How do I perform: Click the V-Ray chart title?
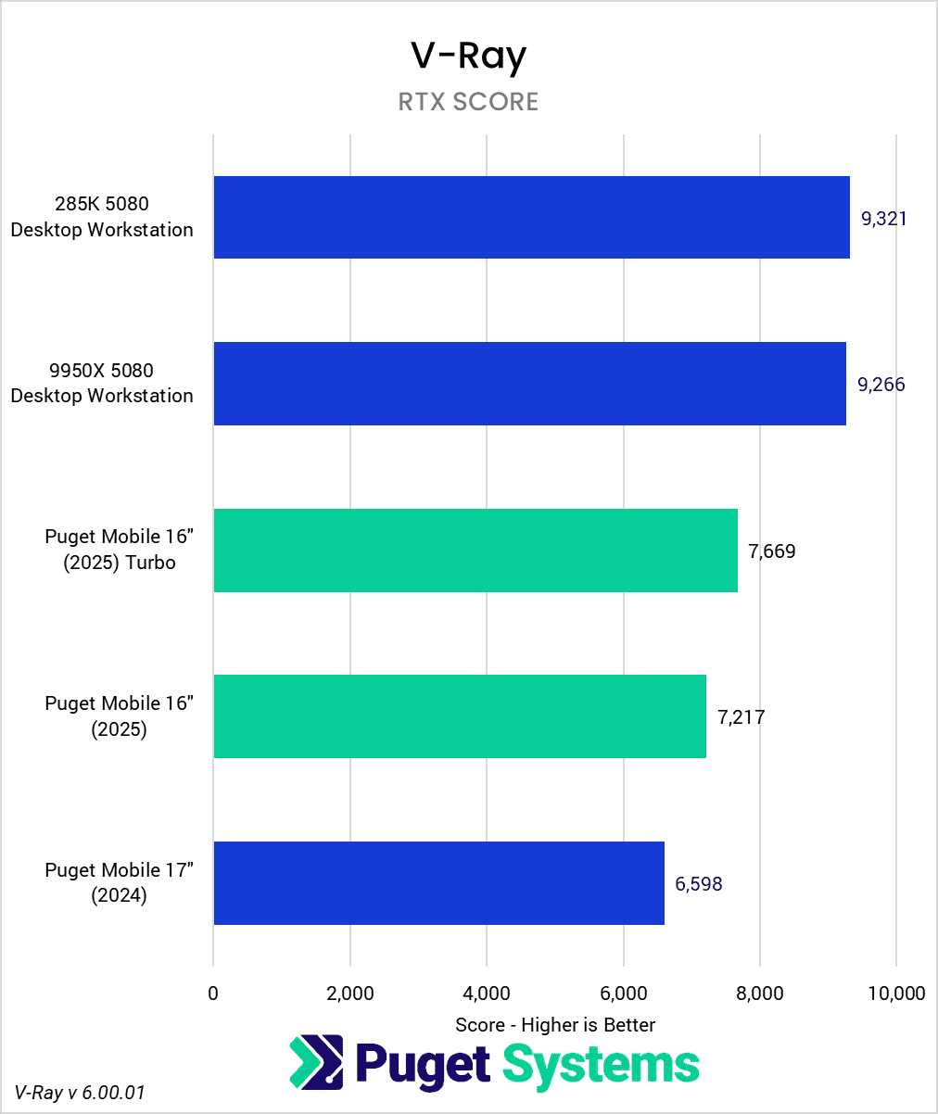tap(468, 57)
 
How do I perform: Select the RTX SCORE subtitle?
tap(468, 102)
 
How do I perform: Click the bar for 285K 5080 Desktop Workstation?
tap(531, 217)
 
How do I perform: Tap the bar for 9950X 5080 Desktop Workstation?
tap(529, 384)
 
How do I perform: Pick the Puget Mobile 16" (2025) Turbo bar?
tap(475, 551)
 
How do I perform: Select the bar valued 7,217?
tap(460, 716)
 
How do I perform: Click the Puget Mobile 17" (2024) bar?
tap(438, 883)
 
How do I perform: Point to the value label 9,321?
tap(884, 219)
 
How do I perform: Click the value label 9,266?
tap(881, 385)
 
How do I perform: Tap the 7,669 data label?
tap(771, 551)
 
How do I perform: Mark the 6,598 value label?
tap(699, 884)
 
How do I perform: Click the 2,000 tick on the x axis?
tap(350, 994)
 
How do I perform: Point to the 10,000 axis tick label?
tap(895, 994)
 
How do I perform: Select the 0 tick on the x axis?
tap(214, 994)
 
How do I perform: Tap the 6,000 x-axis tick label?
tap(624, 994)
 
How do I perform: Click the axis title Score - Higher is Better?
tap(555, 1025)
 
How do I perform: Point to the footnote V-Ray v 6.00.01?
tap(80, 1093)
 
